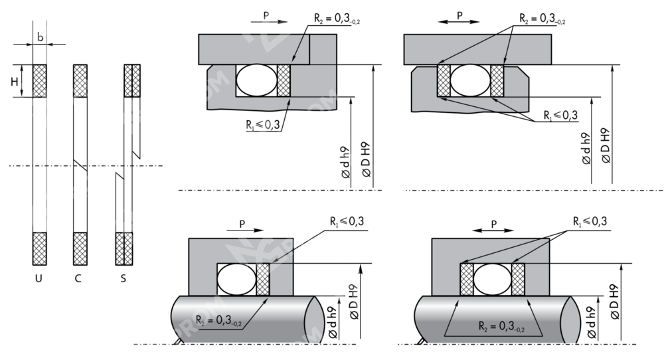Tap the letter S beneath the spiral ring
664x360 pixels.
tap(124, 274)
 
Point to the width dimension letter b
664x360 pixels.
tap(40, 38)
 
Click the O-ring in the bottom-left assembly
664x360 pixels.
tap(236, 279)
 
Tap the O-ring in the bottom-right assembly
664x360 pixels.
tap(492, 279)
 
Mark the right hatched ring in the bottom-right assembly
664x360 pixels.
tap(518, 279)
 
